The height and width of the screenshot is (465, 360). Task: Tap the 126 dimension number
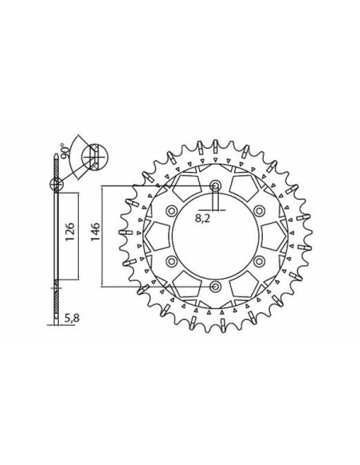70,236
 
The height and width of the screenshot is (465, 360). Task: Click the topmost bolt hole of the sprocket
215,188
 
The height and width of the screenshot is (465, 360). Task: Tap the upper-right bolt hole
257,212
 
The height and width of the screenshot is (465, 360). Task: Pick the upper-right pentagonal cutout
243,189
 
